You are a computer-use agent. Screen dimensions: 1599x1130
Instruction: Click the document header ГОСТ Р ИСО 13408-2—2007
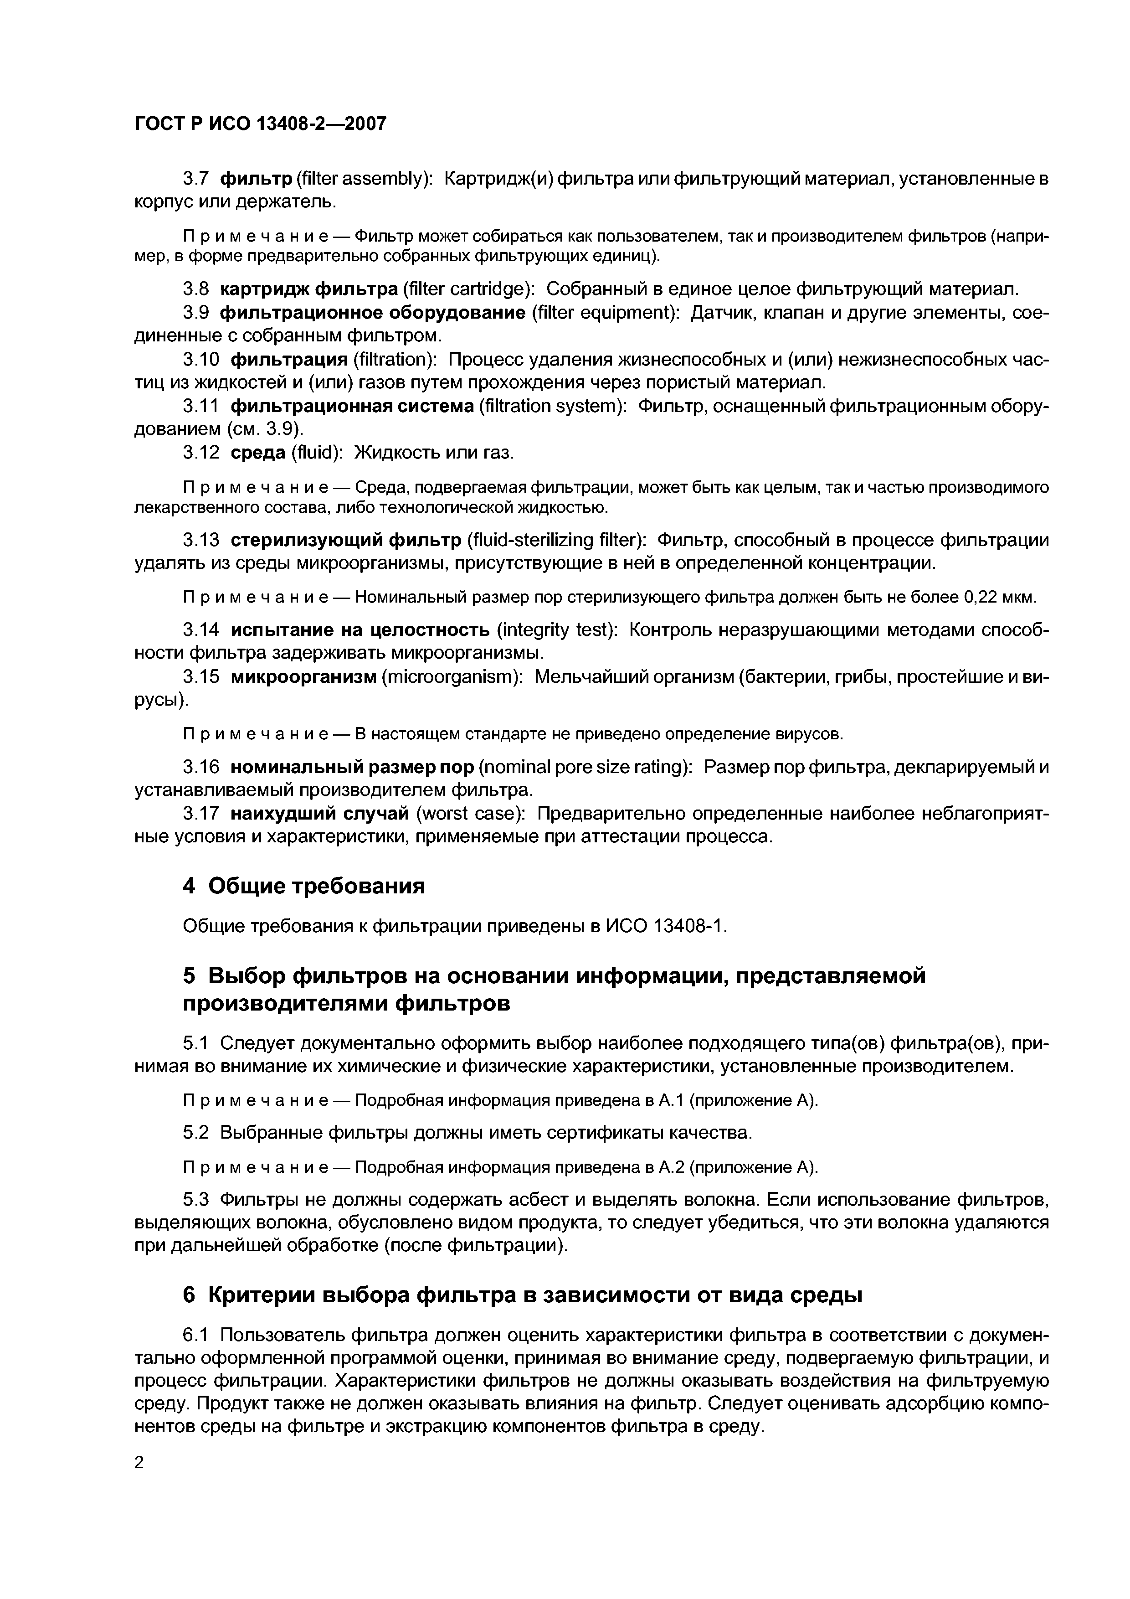(260, 124)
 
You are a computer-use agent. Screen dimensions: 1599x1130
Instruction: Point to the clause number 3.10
(201, 359)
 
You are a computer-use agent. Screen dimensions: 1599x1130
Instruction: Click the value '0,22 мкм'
(1000, 598)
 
